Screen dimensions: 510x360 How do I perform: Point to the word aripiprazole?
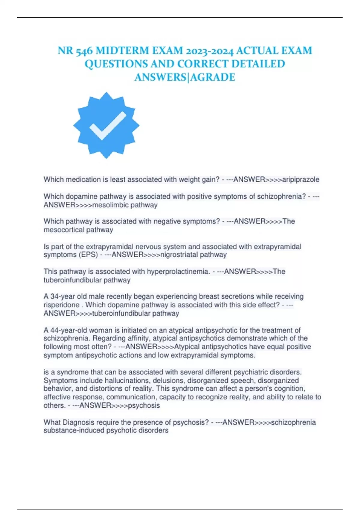pyautogui.click(x=301, y=180)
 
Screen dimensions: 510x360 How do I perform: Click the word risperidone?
pyautogui.click(x=61, y=305)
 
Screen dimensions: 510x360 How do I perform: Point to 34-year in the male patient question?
pyautogui.click(x=63, y=297)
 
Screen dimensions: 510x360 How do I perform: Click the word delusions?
pyautogui.click(x=170, y=381)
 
